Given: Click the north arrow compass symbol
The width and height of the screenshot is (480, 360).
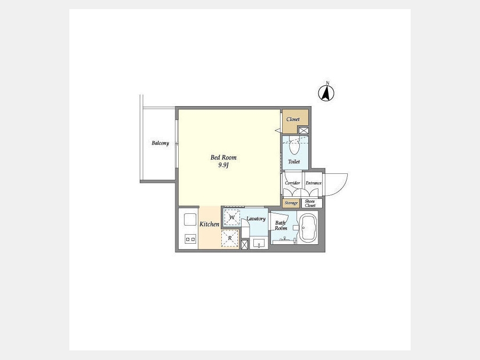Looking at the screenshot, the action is [326, 92].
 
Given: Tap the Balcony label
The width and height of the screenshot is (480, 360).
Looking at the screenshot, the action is [160, 143].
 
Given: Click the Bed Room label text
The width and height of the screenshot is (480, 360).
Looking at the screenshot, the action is [223, 157].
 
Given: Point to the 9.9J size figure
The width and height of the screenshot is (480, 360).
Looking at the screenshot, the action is [224, 165].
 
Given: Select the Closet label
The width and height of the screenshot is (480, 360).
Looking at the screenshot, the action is [293, 119].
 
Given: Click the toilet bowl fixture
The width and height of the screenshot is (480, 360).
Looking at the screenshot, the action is [294, 148].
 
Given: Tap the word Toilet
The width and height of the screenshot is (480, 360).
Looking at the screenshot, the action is [294, 161].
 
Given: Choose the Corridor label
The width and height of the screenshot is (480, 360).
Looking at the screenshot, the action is [292, 183].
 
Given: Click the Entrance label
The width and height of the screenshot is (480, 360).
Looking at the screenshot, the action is [314, 183].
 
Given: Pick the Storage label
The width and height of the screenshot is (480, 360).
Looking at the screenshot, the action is [291, 203].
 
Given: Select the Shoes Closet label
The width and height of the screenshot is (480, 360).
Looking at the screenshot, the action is [310, 203].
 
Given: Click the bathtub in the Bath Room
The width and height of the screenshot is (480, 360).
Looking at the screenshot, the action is [307, 228].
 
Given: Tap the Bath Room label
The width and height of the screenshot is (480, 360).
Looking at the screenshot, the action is [281, 225].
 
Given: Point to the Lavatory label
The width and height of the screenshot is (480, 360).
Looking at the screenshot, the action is [256, 219].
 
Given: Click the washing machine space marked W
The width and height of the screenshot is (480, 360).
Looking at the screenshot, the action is [232, 218].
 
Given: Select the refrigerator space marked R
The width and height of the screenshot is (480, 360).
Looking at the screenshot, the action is [230, 238].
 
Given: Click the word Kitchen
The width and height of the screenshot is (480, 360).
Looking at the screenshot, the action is [210, 224].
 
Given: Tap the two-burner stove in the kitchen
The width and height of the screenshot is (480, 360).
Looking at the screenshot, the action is [190, 239].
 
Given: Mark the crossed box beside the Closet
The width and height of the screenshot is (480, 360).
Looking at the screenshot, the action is [303, 131].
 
